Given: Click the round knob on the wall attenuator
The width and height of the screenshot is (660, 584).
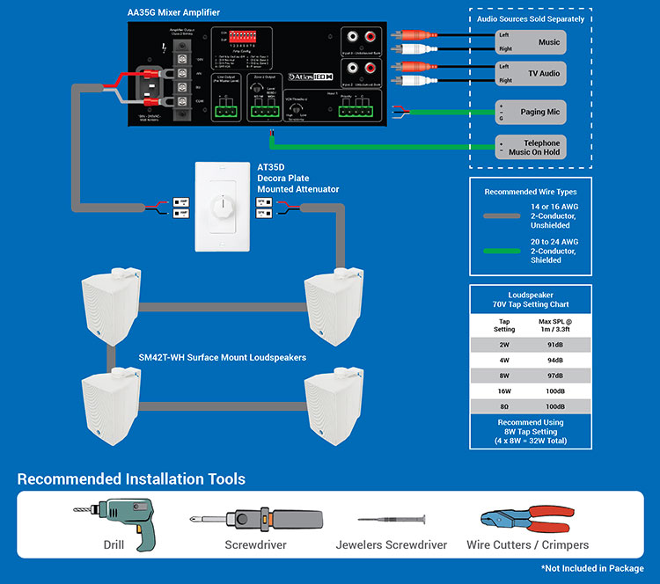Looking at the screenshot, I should pos(222,210).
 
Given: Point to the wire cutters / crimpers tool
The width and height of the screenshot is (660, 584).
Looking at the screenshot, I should pos(527,521).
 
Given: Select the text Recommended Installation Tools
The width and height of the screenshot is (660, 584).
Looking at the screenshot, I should pos(131,479).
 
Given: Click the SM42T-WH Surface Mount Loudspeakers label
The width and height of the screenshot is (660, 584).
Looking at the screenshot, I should pos(222,358).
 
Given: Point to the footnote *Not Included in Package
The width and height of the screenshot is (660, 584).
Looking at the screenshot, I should pos(592,569).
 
